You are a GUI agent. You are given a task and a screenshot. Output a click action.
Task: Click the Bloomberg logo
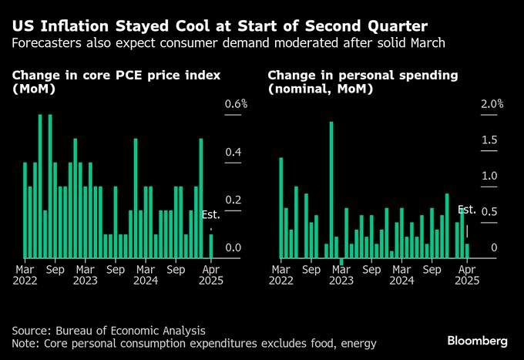477,340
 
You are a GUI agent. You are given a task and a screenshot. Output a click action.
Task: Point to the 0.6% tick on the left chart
235,104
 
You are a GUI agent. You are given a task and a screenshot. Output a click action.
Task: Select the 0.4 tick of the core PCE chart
233,152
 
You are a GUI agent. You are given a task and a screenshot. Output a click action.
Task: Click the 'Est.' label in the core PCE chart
210,214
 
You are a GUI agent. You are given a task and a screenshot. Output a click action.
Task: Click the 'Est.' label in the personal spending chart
467,210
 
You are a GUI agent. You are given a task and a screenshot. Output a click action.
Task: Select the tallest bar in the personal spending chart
331,190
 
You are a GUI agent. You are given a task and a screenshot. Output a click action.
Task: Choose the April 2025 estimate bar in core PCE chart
210,246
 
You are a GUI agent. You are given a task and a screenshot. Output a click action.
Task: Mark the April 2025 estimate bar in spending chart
467,251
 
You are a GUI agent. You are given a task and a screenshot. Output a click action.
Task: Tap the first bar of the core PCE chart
25,210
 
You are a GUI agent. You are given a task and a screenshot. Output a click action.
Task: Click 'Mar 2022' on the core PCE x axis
25,277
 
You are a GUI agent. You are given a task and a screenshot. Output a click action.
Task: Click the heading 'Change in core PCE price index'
116,76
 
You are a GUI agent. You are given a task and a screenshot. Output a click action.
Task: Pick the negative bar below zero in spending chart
341,261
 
